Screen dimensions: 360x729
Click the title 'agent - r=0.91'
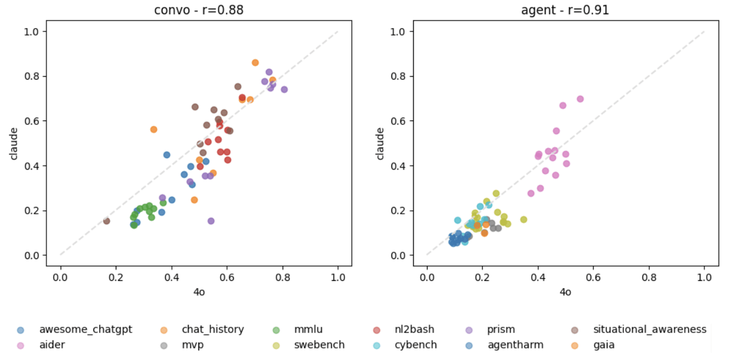point(565,10)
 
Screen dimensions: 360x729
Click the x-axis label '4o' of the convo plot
point(199,292)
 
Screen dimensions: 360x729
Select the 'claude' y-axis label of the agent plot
point(379,143)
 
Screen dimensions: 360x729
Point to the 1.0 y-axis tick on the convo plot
point(32,32)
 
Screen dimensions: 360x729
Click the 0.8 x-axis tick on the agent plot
point(649,277)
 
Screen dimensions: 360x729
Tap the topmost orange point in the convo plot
point(255,62)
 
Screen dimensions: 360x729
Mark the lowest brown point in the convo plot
point(107,221)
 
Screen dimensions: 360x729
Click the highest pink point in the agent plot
point(580,99)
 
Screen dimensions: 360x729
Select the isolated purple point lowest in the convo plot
point(211,221)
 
